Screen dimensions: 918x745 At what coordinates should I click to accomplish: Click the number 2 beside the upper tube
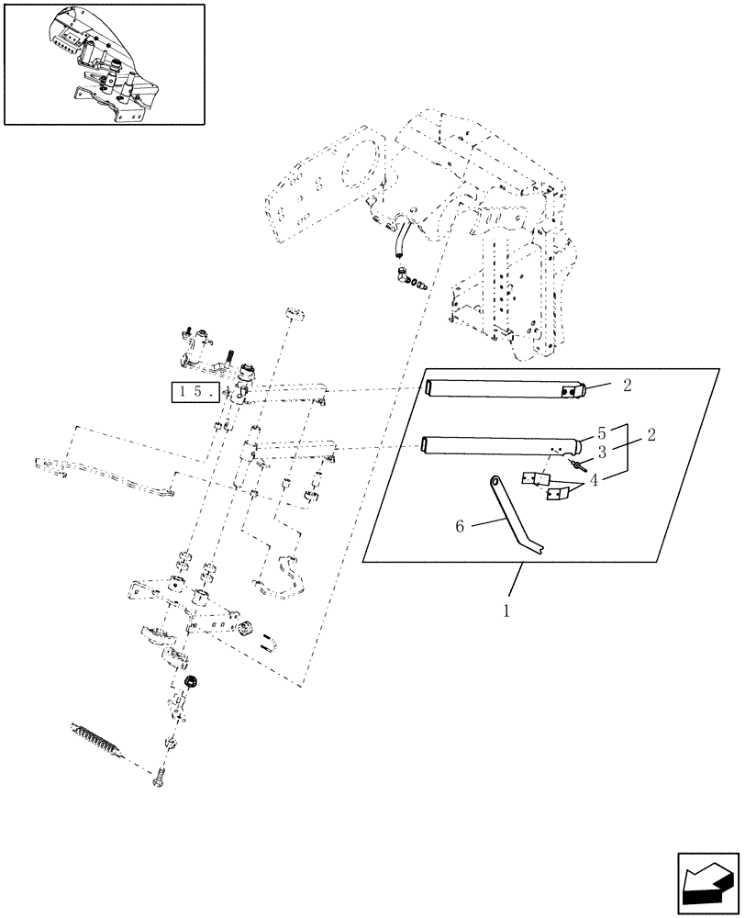tap(628, 386)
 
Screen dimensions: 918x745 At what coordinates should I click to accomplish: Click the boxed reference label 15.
tap(194, 392)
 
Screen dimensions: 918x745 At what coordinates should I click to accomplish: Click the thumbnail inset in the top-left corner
tap(104, 63)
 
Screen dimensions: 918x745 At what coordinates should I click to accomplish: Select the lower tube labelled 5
tap(500, 446)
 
